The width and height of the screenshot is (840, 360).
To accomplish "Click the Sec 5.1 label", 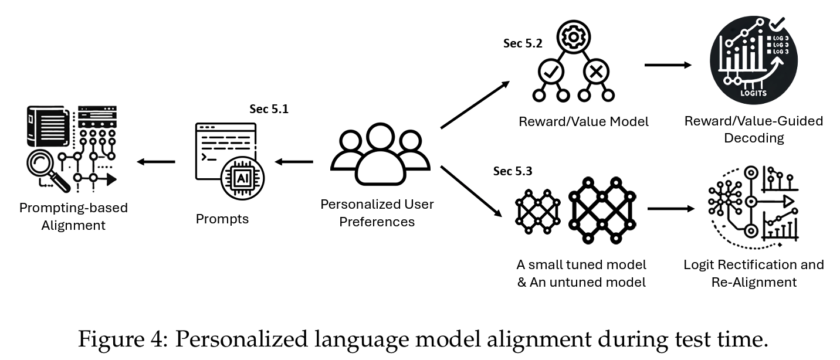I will click(x=269, y=109).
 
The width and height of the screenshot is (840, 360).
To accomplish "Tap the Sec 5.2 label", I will click(x=523, y=43).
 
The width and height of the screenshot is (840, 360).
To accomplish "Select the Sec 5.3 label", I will click(x=513, y=172).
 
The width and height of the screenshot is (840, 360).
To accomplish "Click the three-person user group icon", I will click(x=377, y=155).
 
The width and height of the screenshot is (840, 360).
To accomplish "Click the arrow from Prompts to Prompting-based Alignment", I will click(x=155, y=162).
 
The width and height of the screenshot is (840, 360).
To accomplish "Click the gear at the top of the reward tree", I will click(x=571, y=36).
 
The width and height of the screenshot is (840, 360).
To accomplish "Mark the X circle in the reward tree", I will click(x=595, y=72).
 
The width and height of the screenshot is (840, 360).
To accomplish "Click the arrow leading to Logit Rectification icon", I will click(x=667, y=208).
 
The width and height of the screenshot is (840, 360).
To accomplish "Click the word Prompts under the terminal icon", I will click(x=222, y=219).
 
